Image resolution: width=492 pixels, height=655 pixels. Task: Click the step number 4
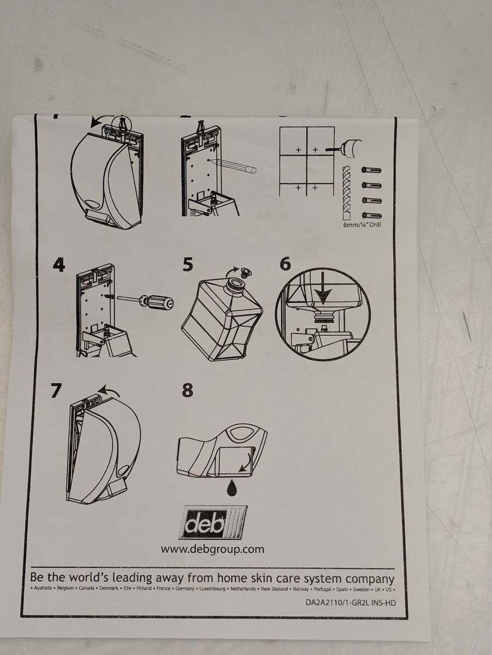pos(59,265)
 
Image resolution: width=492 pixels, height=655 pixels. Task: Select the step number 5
pos(188,265)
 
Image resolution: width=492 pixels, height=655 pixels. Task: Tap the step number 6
pos(285,264)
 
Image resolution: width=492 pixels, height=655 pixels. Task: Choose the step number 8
pos(187,390)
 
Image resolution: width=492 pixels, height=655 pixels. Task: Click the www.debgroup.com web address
pos(212,549)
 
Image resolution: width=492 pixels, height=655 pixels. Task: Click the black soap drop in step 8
pos(233,487)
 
